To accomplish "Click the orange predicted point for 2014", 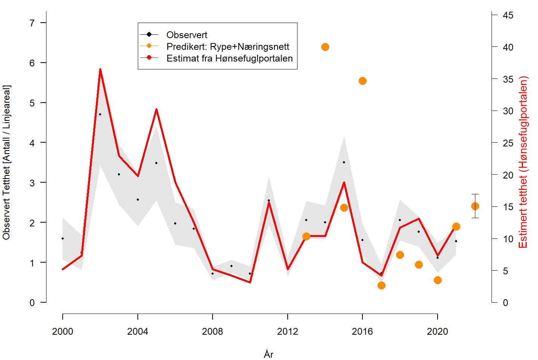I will [325, 47].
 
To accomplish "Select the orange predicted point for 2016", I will [362, 81].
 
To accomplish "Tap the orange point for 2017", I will [381, 285].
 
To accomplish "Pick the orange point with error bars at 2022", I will [475, 206].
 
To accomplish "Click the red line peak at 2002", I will [100, 69].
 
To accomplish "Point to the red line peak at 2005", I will [156, 109].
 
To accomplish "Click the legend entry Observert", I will [187, 35].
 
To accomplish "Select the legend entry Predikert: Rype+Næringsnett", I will [228, 47].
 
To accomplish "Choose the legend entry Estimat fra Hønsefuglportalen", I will [230, 58].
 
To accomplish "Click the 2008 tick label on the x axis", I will [213, 331].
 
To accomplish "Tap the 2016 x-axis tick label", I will [362, 331].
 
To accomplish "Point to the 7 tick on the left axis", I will [32, 23].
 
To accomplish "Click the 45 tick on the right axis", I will [508, 15].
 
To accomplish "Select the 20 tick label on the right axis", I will [508, 175].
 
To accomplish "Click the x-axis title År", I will [269, 354].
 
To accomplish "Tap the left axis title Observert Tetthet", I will [7, 162].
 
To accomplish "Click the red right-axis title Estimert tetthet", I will [523, 162].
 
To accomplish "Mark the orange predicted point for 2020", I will [438, 280].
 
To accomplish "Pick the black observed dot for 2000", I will [63, 238].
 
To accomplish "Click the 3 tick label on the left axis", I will [32, 183].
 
